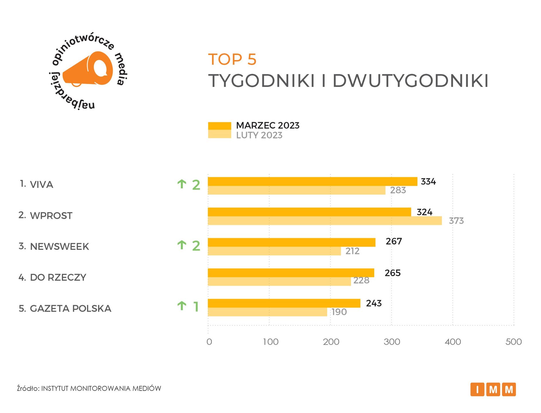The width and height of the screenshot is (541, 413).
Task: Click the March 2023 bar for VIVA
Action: pos(312,182)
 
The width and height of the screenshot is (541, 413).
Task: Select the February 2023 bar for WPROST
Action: pos(325,221)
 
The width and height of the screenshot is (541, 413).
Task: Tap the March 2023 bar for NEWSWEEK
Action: pos(291,242)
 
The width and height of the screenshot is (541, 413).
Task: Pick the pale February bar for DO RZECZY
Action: pos(279,281)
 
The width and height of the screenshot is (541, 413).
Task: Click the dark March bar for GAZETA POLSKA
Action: pos(284,303)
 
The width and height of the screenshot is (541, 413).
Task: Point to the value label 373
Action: pos(456,221)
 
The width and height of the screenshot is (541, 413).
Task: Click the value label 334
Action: pos(428,182)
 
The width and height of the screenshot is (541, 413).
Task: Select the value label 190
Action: pos(339,312)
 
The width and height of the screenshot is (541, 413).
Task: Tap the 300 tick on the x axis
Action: pos(392,342)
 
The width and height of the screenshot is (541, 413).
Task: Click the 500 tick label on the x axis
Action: pos(513,342)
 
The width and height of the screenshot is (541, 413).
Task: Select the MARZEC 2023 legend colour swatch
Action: pos(219,126)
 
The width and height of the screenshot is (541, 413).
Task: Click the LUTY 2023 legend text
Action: pos(259,135)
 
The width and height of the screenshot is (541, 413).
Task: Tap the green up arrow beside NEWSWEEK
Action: pos(182,245)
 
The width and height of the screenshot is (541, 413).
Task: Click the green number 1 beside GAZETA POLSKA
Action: pos(196,307)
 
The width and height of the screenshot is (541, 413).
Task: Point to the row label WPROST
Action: pos(51,215)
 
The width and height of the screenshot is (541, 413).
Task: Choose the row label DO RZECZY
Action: pos(58,277)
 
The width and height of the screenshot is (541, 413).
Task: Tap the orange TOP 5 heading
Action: pos(232,59)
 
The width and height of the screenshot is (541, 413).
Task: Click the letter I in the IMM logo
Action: pos(477,389)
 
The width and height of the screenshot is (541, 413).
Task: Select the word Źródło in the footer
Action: pos(28,388)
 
